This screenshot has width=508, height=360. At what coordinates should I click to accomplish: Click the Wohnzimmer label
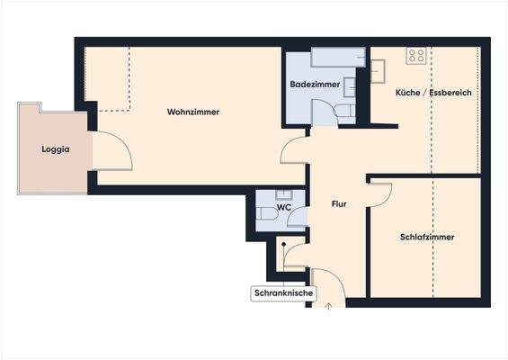pos(193,112)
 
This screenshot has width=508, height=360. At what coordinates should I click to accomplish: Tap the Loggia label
pos(55,150)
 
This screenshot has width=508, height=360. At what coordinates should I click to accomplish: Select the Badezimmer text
pos(315,84)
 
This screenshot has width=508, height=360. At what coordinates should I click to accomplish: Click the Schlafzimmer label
pos(426,238)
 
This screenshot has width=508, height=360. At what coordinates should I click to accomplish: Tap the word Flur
pos(339,204)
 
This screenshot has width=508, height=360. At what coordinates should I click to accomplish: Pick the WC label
pos(283,208)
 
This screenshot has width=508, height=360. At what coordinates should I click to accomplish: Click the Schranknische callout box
pos(281,293)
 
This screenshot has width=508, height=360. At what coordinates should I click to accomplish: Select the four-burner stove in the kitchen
pos(416,56)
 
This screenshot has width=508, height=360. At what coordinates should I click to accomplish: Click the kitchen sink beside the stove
pos(378,68)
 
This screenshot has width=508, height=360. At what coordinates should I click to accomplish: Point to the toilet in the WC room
pos(267,214)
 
